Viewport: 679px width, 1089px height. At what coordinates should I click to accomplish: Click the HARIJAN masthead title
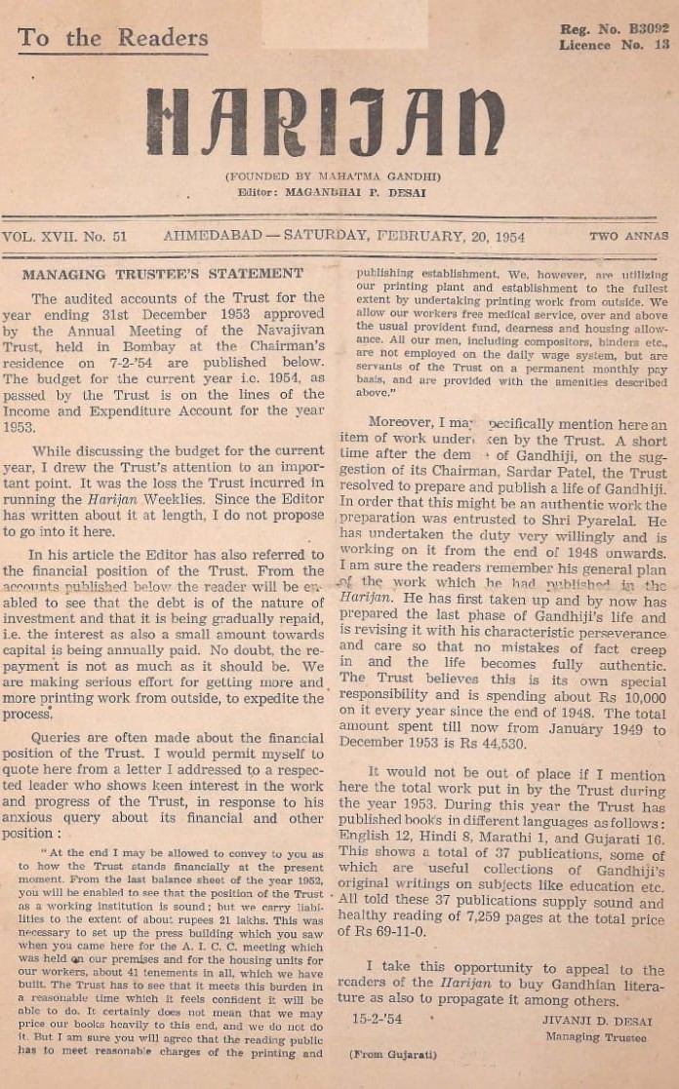click(326, 122)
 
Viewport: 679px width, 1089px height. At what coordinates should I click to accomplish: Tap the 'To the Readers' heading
click(112, 38)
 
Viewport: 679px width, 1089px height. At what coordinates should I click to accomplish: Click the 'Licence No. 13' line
click(615, 45)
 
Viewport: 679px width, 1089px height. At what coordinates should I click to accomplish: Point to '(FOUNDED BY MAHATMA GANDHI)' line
click(333, 176)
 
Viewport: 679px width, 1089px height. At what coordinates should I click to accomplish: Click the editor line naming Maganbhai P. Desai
click(333, 192)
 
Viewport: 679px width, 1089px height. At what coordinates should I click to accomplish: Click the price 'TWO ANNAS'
click(628, 236)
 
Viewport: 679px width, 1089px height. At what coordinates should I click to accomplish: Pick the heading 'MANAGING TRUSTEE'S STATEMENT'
click(163, 274)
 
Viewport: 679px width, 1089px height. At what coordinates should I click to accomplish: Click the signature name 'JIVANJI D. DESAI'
click(596, 1021)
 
